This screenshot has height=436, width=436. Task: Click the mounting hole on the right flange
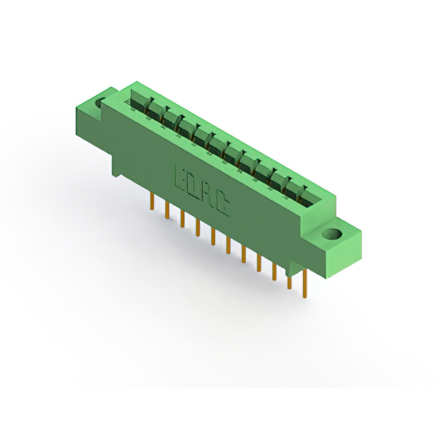pos(334,236)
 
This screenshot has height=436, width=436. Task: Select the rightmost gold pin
pos(305,282)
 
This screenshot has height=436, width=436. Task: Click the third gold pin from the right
pos(275,268)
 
